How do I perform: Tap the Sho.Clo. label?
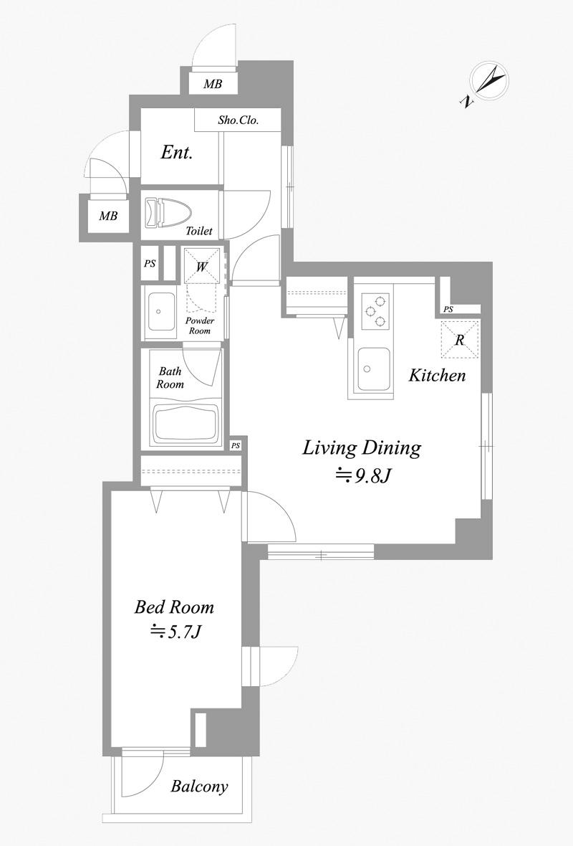click(x=239, y=120)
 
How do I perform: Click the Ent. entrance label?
click(x=177, y=153)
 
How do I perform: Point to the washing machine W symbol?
click(x=202, y=265)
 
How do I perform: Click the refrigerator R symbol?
click(x=460, y=339)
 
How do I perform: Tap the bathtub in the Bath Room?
click(x=186, y=422)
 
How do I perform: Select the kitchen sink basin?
click(x=374, y=369)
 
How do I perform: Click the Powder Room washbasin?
click(x=160, y=313)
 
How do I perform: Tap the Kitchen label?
click(x=437, y=375)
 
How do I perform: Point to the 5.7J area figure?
click(x=175, y=631)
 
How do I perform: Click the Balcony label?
click(x=199, y=786)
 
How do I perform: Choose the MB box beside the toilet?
click(x=108, y=217)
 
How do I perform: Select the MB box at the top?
click(x=213, y=84)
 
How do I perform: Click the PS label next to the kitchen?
click(x=448, y=310)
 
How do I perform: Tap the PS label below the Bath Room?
click(x=235, y=446)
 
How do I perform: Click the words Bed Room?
click(x=174, y=607)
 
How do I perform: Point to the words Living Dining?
click(x=362, y=448)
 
